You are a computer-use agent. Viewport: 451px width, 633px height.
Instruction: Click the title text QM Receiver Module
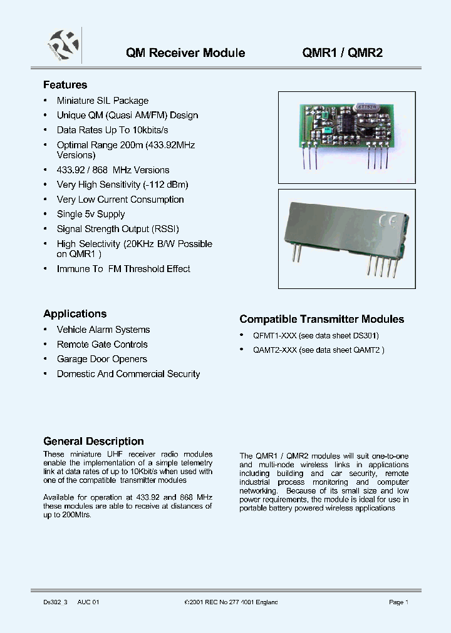[185, 53]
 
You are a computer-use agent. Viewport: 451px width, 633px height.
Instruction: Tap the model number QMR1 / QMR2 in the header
[343, 53]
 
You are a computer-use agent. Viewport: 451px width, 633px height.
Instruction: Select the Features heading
[65, 85]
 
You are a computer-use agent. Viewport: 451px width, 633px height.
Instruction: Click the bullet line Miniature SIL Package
[103, 101]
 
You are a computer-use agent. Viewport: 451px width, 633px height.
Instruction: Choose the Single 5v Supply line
[91, 215]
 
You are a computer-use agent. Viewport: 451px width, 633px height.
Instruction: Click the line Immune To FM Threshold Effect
[123, 269]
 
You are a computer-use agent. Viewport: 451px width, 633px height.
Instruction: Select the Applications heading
[75, 314]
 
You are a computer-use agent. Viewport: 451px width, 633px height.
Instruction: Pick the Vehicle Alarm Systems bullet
[103, 330]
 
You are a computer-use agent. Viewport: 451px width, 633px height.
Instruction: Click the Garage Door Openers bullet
[102, 359]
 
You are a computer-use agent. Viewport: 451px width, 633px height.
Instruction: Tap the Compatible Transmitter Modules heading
[322, 319]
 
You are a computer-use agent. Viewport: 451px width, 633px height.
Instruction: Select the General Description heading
[93, 441]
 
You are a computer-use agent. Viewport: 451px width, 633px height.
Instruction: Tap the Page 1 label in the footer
[398, 602]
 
